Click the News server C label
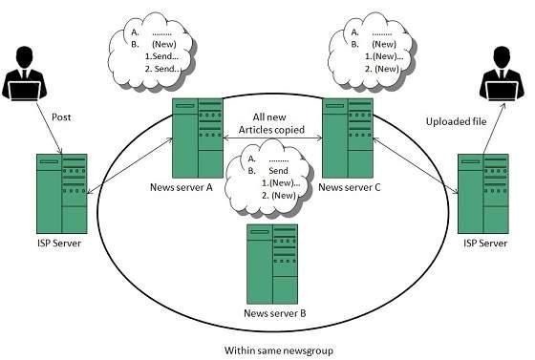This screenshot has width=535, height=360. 349,186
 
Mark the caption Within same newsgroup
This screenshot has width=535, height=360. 271,349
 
